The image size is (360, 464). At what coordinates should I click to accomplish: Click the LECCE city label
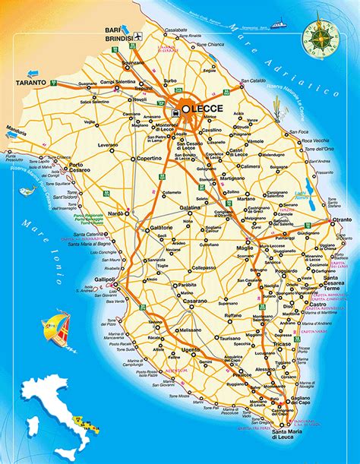click(x=204, y=109)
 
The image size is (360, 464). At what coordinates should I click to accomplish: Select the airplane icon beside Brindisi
click(x=139, y=36)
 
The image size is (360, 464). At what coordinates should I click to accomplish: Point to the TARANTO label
click(x=30, y=81)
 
